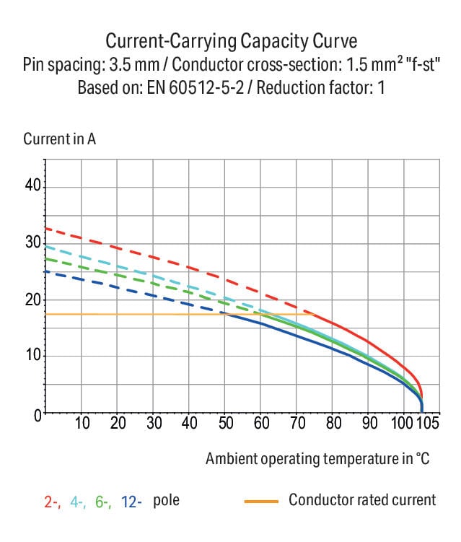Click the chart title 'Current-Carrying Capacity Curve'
pos(231,39)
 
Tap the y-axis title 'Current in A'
pos(60,139)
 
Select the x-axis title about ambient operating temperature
pos(317,458)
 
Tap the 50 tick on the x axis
pos(225,423)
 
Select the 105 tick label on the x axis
pos(426,423)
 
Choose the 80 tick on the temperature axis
pos(333,423)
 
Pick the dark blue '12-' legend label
pos(132,502)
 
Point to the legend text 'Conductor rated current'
pos(362,500)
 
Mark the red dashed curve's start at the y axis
pos(46,228)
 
